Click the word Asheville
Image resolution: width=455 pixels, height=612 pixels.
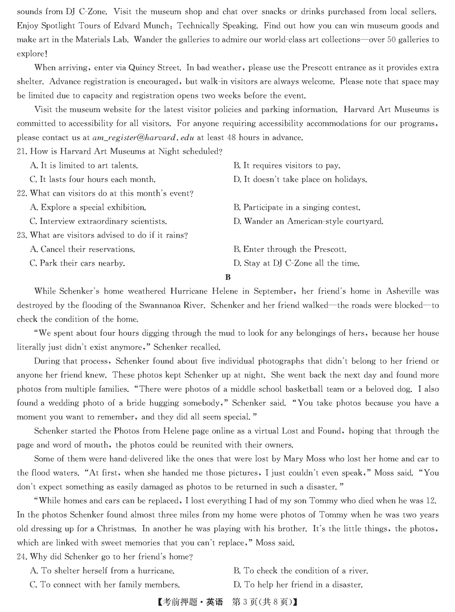point(393,291)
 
